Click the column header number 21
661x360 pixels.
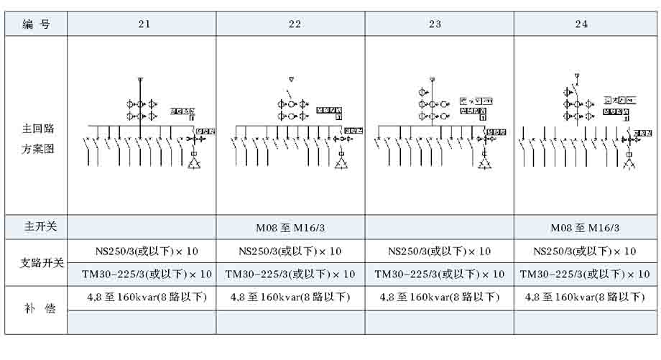tap(144, 24)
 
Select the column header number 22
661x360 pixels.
tap(295, 24)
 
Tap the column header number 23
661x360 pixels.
tap(435, 24)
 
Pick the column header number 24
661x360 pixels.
tap(581, 24)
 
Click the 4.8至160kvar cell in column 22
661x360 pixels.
tap(290, 297)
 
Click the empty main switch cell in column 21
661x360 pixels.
tap(142, 228)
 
